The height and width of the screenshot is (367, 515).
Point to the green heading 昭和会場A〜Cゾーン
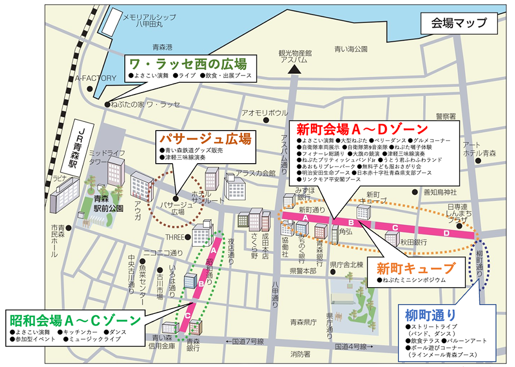click(x=74, y=321)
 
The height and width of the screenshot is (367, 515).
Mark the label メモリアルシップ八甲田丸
click(x=152, y=20)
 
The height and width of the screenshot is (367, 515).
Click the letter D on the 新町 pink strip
click(x=446, y=233)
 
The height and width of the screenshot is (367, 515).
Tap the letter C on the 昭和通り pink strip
click(x=187, y=316)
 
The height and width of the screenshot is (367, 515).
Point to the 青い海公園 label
click(x=351, y=49)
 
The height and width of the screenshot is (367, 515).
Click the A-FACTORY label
click(x=95, y=78)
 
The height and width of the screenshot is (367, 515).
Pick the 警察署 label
click(x=445, y=116)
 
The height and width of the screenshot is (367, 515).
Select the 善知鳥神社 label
click(x=440, y=192)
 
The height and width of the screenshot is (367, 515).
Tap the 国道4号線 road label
click(x=351, y=347)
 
